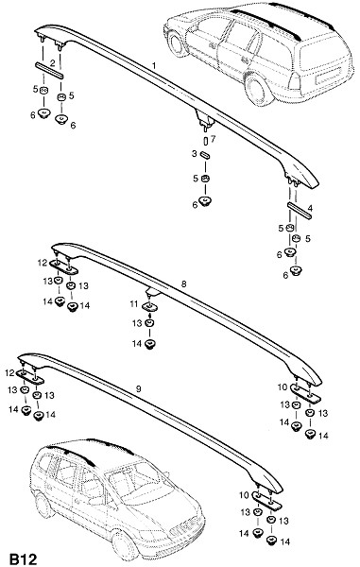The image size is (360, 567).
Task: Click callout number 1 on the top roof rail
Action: [154, 66]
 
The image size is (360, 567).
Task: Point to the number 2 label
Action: [53, 63]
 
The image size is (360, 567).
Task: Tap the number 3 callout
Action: [195, 154]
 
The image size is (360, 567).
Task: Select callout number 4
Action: [310, 208]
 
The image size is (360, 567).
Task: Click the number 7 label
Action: [213, 139]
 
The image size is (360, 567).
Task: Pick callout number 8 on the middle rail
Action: [184, 284]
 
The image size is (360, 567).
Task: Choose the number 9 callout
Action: [139, 389]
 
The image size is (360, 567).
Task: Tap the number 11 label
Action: [134, 304]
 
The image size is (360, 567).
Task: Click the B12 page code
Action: [23, 559]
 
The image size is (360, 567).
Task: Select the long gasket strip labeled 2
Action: [49, 70]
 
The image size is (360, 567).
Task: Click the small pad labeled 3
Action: [205, 154]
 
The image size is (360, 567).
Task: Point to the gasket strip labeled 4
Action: [300, 211]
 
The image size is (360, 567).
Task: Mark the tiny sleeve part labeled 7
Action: [206, 140]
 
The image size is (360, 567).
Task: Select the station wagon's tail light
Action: [295, 81]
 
